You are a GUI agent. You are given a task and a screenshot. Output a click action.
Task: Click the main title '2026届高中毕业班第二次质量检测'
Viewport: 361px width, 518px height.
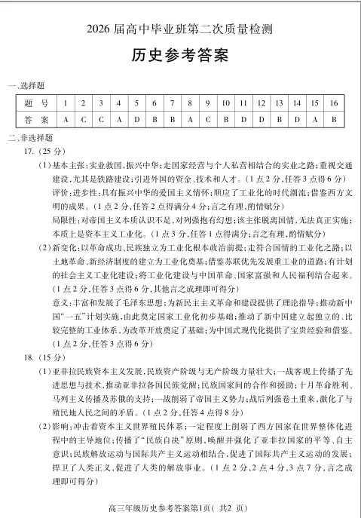click(180, 29)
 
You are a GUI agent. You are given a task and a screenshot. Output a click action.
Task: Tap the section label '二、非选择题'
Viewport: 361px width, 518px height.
click(29, 137)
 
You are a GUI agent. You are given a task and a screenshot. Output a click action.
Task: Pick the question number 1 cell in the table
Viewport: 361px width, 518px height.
click(66, 103)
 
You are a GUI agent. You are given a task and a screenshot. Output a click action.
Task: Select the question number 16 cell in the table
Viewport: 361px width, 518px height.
click(332, 103)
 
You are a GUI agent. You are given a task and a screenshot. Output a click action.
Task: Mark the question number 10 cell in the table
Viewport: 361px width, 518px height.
click(225, 103)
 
